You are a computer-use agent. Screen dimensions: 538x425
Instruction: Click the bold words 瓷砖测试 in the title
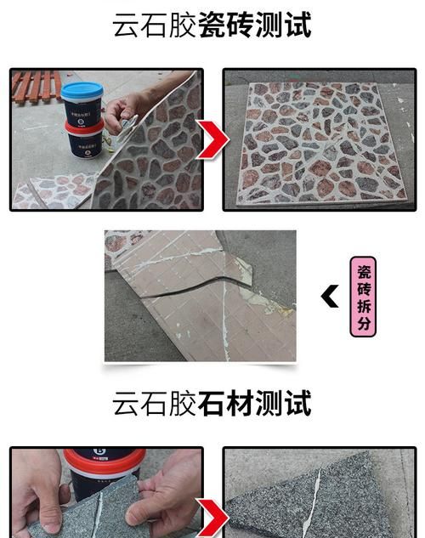pos(254,25)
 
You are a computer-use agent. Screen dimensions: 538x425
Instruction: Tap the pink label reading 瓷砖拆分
pos(363,297)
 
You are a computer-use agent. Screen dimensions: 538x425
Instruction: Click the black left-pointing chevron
pos(330,297)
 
